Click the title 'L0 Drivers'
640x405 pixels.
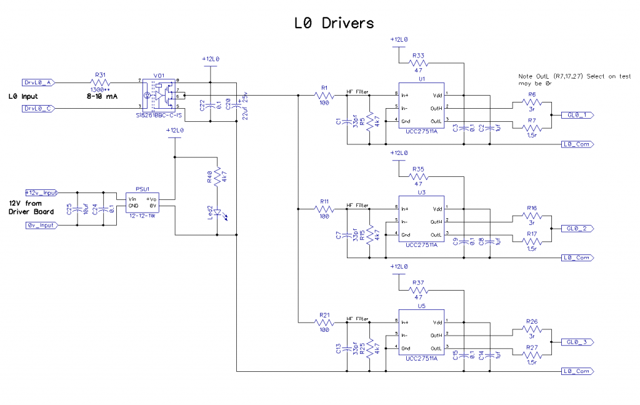coord(334,23)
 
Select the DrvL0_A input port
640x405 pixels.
coord(39,82)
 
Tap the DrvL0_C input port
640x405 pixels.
coord(39,109)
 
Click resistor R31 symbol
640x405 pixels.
coord(101,82)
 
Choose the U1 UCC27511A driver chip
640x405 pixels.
coord(421,107)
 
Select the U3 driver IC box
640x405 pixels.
coord(421,221)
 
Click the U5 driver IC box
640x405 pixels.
coord(421,335)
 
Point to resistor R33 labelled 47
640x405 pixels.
coord(419,63)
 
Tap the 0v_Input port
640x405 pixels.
coord(41,225)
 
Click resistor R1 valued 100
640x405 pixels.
coord(325,95)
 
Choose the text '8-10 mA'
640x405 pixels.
coord(102,97)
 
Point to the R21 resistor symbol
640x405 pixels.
coord(325,322)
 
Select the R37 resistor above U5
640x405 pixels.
coord(419,291)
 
